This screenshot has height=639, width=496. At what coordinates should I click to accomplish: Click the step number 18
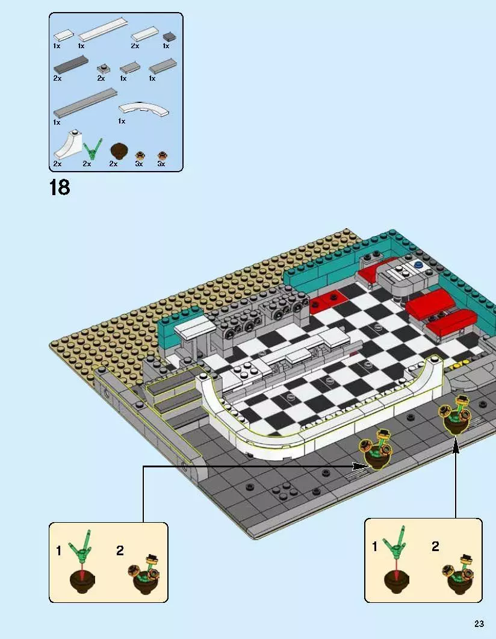(x=60, y=188)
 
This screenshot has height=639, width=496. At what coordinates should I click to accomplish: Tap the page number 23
(x=479, y=624)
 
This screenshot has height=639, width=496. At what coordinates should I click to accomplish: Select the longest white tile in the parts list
(x=103, y=30)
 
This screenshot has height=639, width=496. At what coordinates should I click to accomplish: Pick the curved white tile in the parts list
(x=143, y=108)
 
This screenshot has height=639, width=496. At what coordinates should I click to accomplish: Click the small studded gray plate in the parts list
(x=102, y=69)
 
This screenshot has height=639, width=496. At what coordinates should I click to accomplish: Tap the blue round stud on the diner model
(x=418, y=264)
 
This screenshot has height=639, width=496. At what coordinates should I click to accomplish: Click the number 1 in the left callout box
(x=58, y=551)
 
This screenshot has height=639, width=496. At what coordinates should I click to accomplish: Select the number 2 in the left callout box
(x=120, y=550)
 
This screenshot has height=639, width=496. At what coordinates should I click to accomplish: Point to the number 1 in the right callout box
(x=374, y=546)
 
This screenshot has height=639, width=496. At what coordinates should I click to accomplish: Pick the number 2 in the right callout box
(x=435, y=546)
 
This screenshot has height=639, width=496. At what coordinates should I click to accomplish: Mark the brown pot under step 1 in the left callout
(x=82, y=582)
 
